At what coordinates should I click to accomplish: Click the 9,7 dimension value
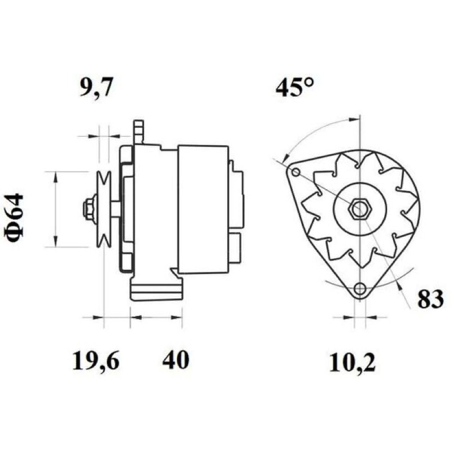[95, 86]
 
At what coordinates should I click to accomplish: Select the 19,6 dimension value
[95, 360]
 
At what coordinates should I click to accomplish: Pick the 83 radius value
[431, 299]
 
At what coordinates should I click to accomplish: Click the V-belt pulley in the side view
[104, 209]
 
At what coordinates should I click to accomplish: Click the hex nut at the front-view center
[359, 209]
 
